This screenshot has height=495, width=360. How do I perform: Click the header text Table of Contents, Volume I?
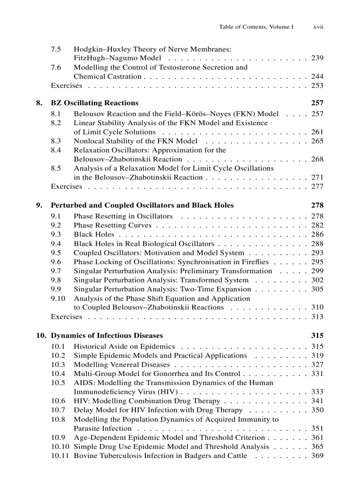tap(256, 27)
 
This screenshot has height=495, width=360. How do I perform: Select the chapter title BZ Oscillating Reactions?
tap(94, 103)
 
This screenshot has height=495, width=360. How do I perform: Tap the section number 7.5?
tap(56, 49)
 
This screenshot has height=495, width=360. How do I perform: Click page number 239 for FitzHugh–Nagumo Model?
tap(317, 58)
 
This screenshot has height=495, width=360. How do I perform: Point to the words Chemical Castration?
tap(107, 77)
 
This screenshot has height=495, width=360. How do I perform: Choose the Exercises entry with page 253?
tap(66, 86)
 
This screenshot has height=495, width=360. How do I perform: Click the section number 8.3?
tap(56, 141)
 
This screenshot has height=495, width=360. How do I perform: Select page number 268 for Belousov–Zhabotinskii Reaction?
tap(317, 159)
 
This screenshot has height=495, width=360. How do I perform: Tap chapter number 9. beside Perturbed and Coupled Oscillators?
tap(39, 205)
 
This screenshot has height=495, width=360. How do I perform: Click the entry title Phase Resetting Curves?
tap(112, 225)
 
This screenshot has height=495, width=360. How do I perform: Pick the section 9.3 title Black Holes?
tap(94, 234)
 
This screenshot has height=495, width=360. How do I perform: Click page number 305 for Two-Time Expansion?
tap(317, 289)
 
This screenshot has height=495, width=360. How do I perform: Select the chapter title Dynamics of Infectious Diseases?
tap(107, 336)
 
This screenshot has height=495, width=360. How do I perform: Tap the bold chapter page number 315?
tap(317, 336)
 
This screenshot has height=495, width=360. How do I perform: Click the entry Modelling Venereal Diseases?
tap(121, 365)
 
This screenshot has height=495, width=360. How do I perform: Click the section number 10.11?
tap(60, 456)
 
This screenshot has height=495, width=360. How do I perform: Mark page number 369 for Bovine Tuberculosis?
tap(317, 456)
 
